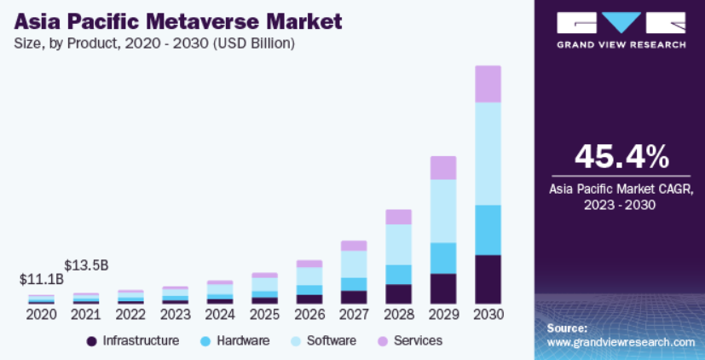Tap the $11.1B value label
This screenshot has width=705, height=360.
[x=42, y=279]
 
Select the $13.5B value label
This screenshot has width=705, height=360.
[x=86, y=264]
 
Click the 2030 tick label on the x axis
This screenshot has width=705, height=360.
[x=488, y=315]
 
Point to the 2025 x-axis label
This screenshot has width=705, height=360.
[x=264, y=315]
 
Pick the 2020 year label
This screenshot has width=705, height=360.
[x=41, y=315]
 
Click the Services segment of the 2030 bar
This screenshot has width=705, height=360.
[x=488, y=84]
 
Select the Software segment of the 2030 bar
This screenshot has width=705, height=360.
[x=488, y=154]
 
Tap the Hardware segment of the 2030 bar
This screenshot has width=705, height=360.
[x=488, y=229]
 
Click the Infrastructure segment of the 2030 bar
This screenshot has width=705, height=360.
[x=488, y=279]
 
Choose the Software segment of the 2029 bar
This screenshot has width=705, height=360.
[x=443, y=211]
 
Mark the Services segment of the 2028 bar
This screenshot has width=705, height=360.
[x=398, y=217]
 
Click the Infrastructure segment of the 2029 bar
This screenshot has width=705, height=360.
[x=443, y=288]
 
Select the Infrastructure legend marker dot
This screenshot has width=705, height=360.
[x=91, y=341]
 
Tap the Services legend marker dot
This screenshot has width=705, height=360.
[x=382, y=341]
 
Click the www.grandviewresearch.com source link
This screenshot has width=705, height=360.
[x=621, y=342]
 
